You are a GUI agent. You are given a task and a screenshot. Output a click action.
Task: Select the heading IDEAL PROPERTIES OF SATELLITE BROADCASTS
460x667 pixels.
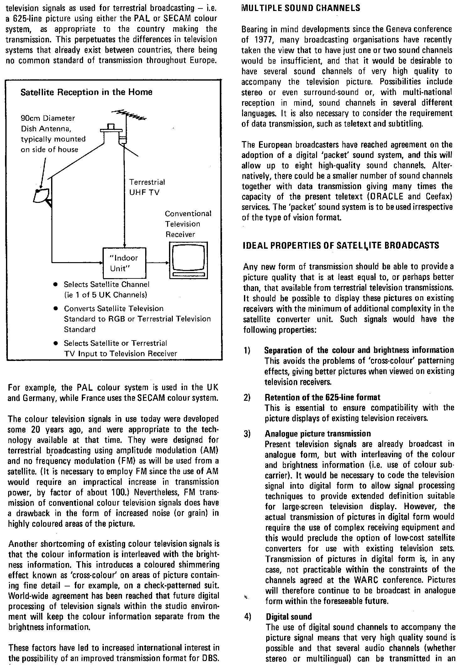(x=341, y=246)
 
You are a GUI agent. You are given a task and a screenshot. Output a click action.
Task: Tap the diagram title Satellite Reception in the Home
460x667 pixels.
(x=86, y=92)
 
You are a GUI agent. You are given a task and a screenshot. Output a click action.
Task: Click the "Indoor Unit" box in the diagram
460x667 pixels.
(x=124, y=263)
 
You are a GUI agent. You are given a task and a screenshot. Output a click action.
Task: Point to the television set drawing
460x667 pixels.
(x=188, y=260)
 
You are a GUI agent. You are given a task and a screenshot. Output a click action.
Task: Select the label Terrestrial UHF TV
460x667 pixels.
(x=147, y=187)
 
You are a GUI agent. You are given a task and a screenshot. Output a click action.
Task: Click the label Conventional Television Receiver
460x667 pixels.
(x=188, y=224)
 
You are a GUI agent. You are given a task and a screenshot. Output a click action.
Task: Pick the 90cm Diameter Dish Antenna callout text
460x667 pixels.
(x=53, y=134)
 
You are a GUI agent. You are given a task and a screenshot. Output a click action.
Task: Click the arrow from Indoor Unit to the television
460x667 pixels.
(x=157, y=263)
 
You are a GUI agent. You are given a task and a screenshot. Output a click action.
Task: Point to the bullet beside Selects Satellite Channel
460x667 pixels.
(x=55, y=284)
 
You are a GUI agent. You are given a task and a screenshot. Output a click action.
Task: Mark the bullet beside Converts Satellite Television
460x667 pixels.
(x=55, y=309)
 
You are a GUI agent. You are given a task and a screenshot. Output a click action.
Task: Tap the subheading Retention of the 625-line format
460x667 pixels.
(x=322, y=398)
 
